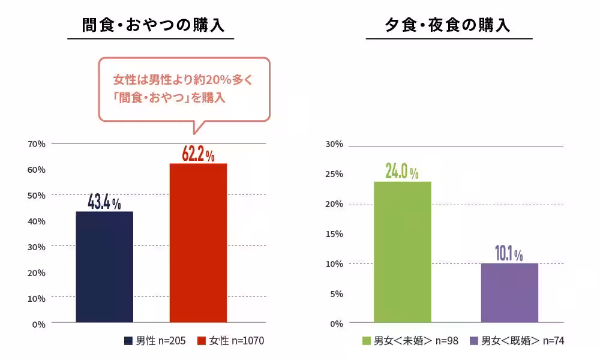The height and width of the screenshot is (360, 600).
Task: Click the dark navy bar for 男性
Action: pos(104,267)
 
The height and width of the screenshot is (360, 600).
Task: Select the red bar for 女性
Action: pos(198,243)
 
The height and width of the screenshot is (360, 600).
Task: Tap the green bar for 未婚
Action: pos(402,252)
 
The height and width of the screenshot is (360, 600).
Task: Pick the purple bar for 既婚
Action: pos(509,293)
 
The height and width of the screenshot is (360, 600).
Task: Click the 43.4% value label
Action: pos(104,202)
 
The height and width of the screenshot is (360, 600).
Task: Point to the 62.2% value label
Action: pos(198,154)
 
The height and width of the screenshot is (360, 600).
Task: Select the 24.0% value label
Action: pos(402,172)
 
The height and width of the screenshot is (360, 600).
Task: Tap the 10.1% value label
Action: pos(509,254)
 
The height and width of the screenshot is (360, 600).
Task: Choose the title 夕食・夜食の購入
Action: pos(449,25)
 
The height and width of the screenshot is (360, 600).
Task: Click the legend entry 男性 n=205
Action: pos(155,341)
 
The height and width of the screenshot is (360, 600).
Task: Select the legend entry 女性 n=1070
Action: pos(230,341)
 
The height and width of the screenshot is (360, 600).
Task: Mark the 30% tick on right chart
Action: pos(334,144)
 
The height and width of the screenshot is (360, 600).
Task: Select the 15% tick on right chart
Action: pos(334,234)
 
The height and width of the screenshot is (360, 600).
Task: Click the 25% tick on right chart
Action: pos(334,174)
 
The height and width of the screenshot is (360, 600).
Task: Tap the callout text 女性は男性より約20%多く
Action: pos(184,80)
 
